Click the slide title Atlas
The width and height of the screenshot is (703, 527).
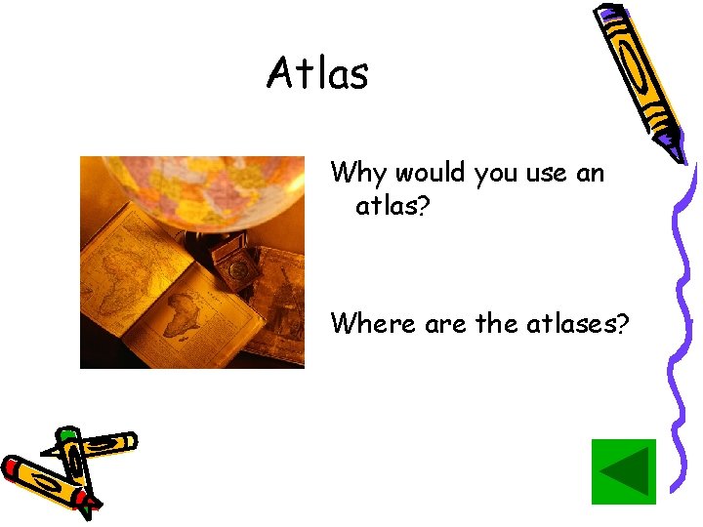tap(317, 73)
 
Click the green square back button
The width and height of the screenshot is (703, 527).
tap(624, 472)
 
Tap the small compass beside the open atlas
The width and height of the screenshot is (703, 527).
tap(235, 263)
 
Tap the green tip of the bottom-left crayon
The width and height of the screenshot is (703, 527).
tap(66, 434)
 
